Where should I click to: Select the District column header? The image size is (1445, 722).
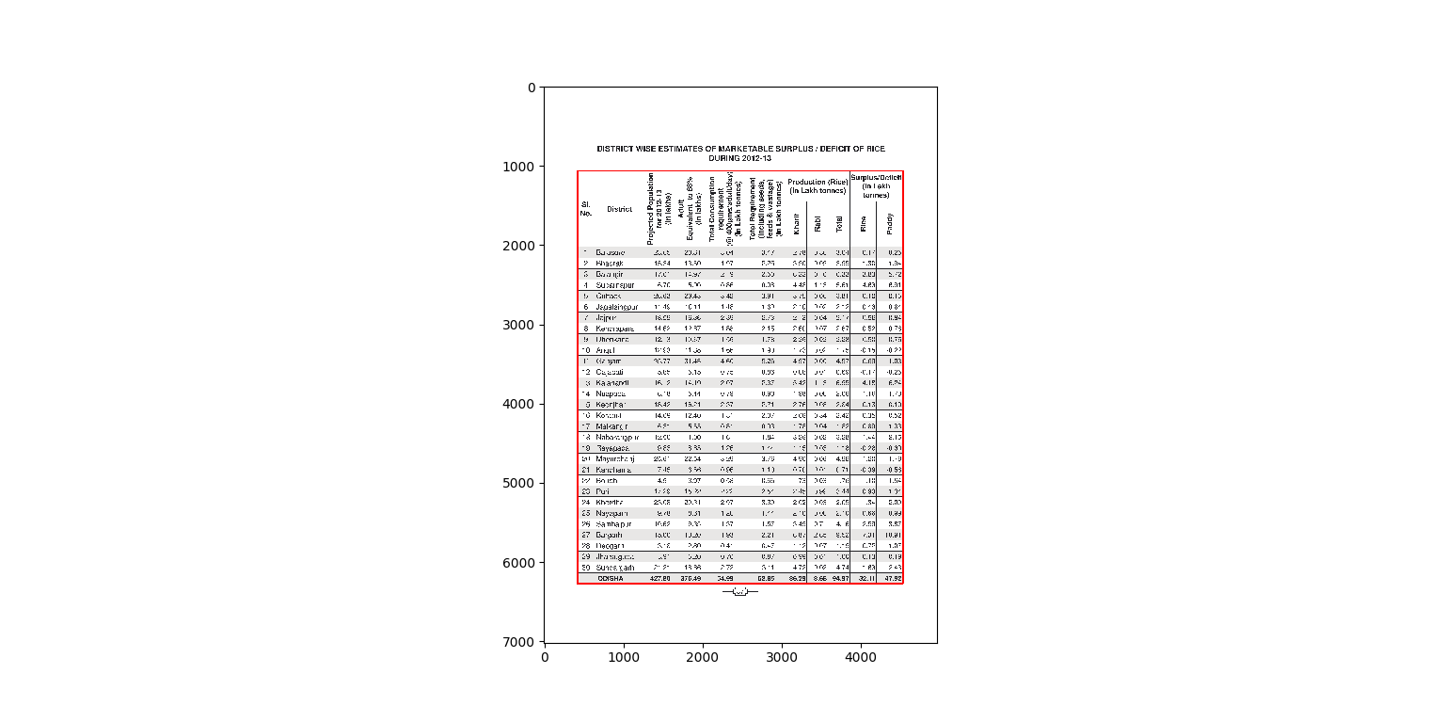(619, 209)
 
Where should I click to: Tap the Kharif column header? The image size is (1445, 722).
(797, 224)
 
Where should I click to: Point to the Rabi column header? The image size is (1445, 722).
(818, 224)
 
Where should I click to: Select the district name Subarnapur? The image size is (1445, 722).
(615, 284)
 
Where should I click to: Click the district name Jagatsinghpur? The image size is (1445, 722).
(617, 306)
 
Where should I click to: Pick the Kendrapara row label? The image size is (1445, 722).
(615, 328)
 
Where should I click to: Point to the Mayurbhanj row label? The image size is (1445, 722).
(615, 458)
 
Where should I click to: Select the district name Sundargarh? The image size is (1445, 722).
(615, 568)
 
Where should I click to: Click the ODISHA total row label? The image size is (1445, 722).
(611, 578)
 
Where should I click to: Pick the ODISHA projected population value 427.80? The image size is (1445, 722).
(659, 578)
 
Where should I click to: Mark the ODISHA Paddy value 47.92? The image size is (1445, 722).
(894, 578)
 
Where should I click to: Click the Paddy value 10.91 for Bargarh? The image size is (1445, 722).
(894, 535)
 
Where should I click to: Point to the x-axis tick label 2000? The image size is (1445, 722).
(703, 657)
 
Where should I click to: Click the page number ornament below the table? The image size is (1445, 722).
(739, 591)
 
